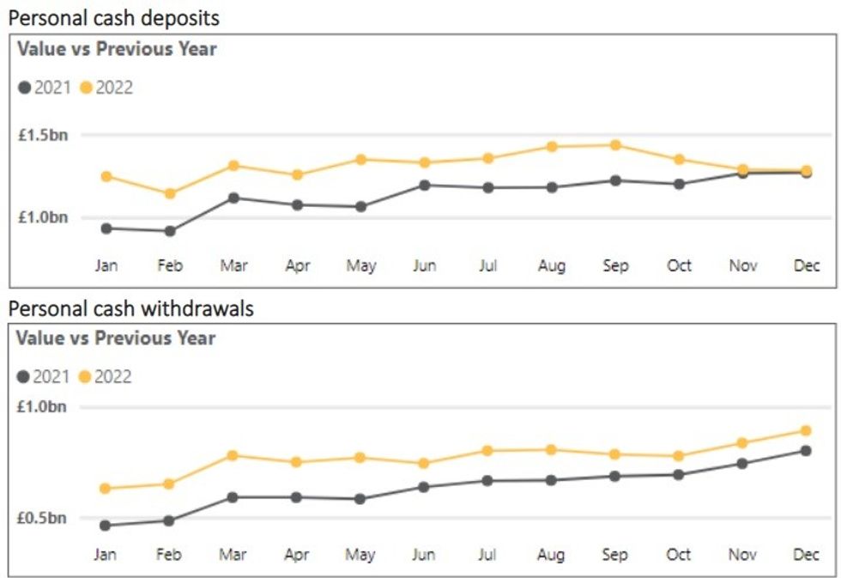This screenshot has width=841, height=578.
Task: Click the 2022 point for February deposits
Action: point(170,193)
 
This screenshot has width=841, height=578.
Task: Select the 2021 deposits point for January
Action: point(106,228)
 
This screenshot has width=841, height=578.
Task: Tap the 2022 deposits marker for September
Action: point(615,145)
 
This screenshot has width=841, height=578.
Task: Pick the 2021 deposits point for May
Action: point(360,206)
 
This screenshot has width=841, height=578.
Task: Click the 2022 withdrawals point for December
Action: point(806,430)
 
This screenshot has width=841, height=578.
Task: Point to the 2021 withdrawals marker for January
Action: point(106,525)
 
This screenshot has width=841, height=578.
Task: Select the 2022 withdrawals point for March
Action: point(233,455)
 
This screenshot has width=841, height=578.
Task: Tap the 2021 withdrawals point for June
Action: point(424,487)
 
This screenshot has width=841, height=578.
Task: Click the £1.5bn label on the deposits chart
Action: point(42,136)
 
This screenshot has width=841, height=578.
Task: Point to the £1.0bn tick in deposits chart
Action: point(42,218)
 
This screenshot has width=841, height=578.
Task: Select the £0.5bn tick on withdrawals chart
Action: point(42,519)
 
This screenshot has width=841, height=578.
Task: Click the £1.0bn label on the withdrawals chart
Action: point(42,407)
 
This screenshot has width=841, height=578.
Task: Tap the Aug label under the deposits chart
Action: point(552,266)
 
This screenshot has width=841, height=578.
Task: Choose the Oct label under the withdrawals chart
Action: point(679,555)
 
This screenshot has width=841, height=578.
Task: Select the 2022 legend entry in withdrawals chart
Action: point(106,376)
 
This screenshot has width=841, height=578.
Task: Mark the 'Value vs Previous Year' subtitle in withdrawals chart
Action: point(116,338)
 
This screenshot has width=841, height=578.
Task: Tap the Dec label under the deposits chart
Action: point(807,266)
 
